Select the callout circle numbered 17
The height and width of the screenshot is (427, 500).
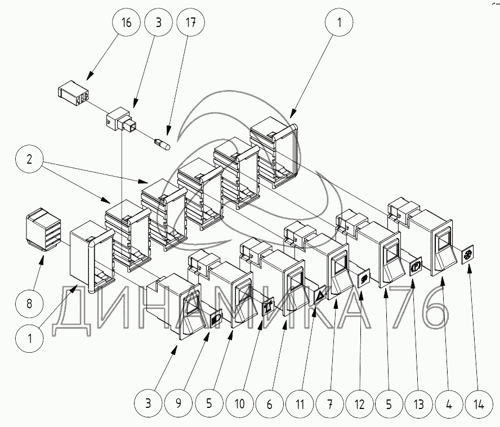point(191,23)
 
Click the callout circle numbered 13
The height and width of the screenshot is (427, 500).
point(417,404)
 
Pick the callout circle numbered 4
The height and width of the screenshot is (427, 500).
point(447,404)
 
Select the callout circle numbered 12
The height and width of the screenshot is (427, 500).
point(359,404)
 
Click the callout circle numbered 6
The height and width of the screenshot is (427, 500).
point(269,404)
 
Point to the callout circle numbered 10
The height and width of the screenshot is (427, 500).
point(239,404)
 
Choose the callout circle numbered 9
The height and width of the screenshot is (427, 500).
point(178,404)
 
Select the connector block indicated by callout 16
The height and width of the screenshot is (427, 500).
point(73,93)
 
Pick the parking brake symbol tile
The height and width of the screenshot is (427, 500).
point(416,264)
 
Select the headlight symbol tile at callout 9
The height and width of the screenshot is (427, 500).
point(216,320)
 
